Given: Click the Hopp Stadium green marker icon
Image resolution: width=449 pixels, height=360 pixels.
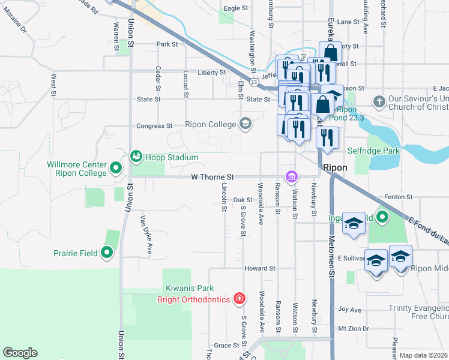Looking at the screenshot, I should tap(136, 157).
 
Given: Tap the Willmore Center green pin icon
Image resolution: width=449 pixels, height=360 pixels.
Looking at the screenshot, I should tap(117, 166).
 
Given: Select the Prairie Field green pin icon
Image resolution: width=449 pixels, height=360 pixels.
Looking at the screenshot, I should tap(107, 253).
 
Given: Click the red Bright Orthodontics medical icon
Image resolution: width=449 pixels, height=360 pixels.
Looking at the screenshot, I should tap(239, 298).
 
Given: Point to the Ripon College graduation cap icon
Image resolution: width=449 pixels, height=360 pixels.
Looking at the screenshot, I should tap(245, 124).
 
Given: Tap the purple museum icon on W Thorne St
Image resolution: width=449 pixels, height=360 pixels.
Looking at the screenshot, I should tap(292, 176).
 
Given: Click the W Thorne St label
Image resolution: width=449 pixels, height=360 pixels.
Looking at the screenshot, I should tap(212, 178).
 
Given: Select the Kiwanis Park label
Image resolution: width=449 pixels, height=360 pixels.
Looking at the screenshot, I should tap(188, 289).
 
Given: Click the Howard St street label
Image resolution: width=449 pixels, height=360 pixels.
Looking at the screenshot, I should tap(259, 268).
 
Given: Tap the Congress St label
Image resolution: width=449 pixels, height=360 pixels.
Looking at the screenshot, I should tap(154, 126).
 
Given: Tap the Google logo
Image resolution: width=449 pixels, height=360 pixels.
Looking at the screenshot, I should tap(20, 353).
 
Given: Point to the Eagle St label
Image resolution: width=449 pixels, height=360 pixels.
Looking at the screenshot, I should tap(235, 8).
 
